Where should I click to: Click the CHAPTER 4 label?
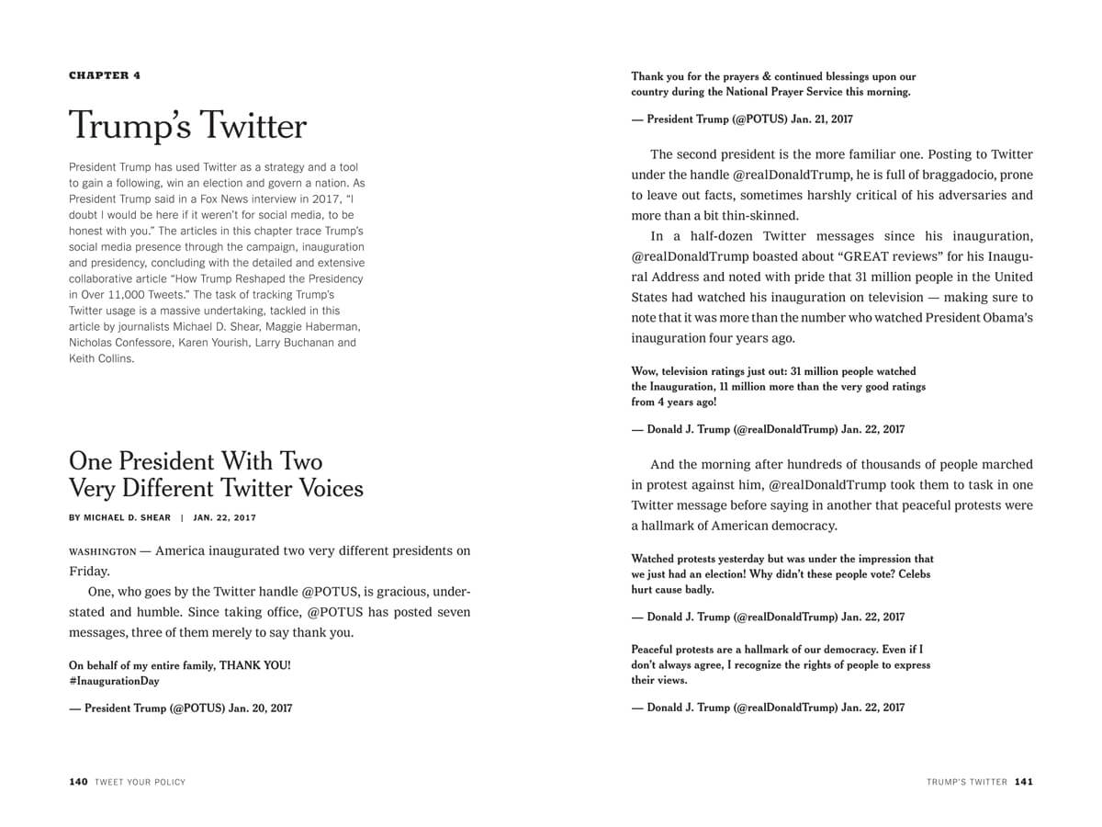click(105, 75)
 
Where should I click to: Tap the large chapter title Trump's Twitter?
click(187, 126)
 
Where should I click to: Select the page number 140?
click(78, 782)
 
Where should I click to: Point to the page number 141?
click(1024, 782)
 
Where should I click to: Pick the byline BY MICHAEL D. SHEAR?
click(119, 517)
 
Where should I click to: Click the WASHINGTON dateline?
click(102, 551)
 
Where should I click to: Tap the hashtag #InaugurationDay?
click(114, 681)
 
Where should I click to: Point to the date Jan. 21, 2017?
click(822, 119)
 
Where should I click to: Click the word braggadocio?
click(958, 175)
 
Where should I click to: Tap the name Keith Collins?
click(101, 358)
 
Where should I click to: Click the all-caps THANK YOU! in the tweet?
click(254, 664)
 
